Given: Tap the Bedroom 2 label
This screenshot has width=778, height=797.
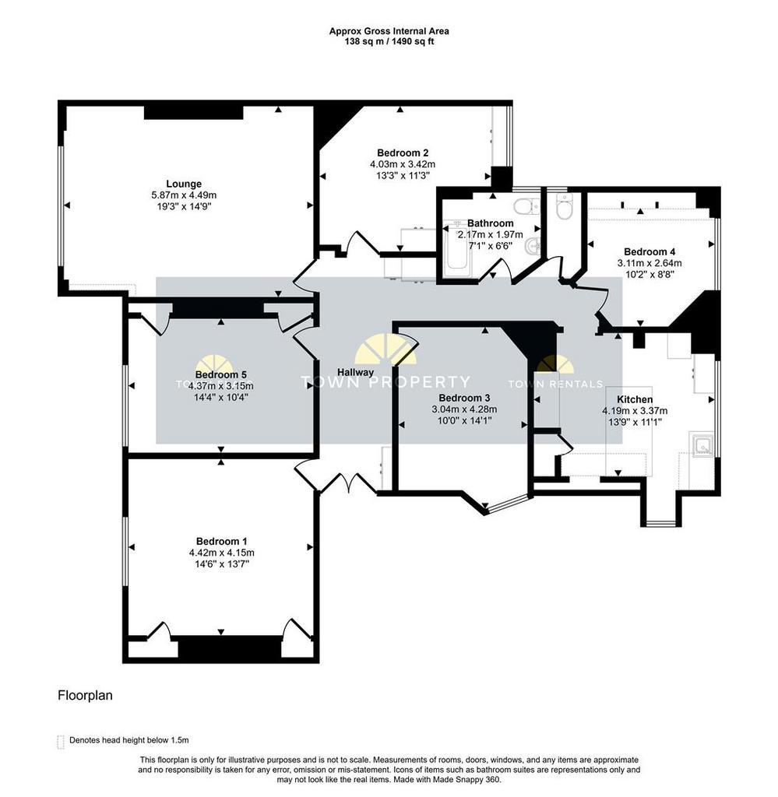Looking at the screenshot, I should (x=402, y=153).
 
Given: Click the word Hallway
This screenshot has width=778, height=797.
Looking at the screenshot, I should (x=356, y=372).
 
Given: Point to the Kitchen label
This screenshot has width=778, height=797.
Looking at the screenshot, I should (x=635, y=399).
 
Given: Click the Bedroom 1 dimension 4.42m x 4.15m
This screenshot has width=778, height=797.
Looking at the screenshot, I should (x=221, y=553).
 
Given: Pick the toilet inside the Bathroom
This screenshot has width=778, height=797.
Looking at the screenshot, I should (x=528, y=205).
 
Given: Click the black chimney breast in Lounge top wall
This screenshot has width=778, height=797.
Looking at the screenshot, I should (x=193, y=113).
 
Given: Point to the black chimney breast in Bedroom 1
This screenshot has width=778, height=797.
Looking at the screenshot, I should (x=229, y=646).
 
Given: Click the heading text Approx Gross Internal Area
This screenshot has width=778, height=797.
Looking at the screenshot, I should (x=389, y=32).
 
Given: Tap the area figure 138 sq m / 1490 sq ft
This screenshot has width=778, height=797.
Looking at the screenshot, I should (x=389, y=42).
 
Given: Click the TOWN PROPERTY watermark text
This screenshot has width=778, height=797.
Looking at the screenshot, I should (x=385, y=382).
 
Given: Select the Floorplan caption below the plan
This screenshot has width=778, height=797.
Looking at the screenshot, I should (x=86, y=696).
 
